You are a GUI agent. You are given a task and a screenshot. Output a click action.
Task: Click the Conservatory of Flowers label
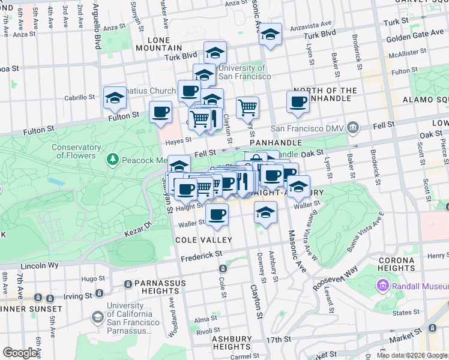click(x=75, y=151)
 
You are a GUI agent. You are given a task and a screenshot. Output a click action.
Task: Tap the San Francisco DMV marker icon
click(x=353, y=128)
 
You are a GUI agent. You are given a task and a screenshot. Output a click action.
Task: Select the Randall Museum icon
click(x=383, y=287)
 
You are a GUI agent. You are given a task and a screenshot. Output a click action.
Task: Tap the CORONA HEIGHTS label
click(x=397, y=264)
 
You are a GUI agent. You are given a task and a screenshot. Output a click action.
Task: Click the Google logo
click(x=20, y=353)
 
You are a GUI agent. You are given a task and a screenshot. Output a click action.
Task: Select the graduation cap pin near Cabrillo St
click(x=115, y=98)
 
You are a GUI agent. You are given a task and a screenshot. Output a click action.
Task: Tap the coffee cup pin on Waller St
click(x=217, y=214)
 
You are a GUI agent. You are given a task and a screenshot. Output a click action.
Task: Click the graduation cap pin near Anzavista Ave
click(x=270, y=35)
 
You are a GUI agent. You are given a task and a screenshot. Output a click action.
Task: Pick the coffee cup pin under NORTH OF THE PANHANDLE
click(x=298, y=103)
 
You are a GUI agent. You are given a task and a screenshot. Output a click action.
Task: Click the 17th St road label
click(x=279, y=340)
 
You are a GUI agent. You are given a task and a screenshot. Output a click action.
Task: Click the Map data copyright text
click(x=411, y=355)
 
